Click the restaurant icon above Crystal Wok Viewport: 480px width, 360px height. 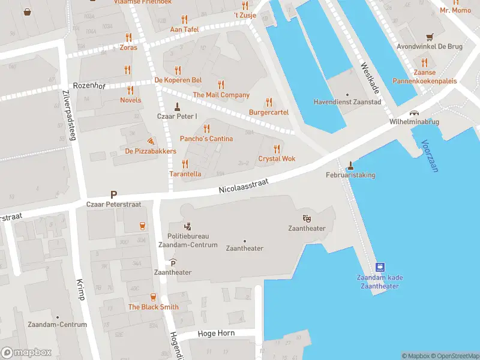pyautogui.click(x=277, y=149)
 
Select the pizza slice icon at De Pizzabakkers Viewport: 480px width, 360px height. pyautogui.click(x=150, y=140)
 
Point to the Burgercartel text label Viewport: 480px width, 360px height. pyautogui.click(x=269, y=112)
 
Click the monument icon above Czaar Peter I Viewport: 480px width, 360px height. pyautogui.click(x=176, y=106)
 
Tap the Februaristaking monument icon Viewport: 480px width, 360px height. pyautogui.click(x=350, y=165)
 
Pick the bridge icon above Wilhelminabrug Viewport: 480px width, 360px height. pyautogui.click(x=413, y=112)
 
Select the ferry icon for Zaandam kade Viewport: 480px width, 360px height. pyautogui.click(x=380, y=267)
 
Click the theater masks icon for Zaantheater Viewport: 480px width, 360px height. pyautogui.click(x=307, y=218)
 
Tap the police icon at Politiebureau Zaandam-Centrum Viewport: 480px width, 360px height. pyautogui.click(x=188, y=226)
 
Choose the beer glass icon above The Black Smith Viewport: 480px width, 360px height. pyautogui.click(x=153, y=297)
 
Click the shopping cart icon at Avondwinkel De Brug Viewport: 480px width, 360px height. pyautogui.click(x=429, y=37)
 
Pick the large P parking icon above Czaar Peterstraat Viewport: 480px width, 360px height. pyautogui.click(x=113, y=194)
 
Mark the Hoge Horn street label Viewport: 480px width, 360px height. pyautogui.click(x=215, y=333)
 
